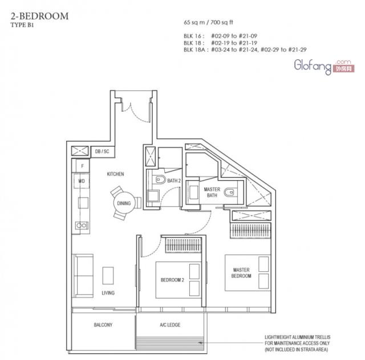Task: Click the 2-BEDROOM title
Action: [x=39, y=16]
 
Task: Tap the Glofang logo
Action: [x=324, y=67]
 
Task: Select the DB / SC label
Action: [x=102, y=152]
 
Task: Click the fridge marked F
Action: [x=82, y=166]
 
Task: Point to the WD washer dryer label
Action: [x=82, y=181]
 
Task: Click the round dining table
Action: [x=124, y=203]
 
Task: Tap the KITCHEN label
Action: [x=115, y=174]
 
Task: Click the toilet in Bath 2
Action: [x=160, y=179]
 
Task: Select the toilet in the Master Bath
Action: [x=229, y=193]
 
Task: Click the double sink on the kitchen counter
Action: [x=82, y=225]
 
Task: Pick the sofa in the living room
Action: [x=83, y=276]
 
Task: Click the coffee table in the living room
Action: [x=108, y=276]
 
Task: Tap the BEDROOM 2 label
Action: [x=172, y=280]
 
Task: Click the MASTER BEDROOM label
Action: [x=241, y=273]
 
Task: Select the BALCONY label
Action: [x=103, y=325]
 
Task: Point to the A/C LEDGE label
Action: [x=170, y=325]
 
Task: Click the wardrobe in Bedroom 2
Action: [x=183, y=245]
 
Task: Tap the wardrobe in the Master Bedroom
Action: [x=250, y=231]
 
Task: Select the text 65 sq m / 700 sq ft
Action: [x=208, y=22]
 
